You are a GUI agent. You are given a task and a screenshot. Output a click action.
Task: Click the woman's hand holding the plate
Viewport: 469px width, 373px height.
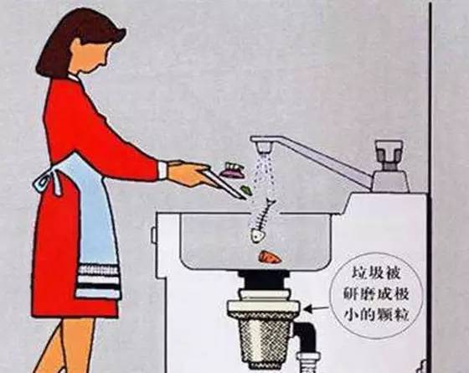pos(183,174)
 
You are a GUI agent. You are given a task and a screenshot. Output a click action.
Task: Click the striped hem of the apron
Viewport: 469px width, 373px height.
pos(98,280)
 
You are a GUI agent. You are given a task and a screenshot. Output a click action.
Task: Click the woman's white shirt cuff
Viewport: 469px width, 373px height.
pos(162,169)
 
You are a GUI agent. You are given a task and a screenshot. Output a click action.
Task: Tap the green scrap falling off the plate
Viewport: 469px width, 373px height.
pos(246,191)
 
